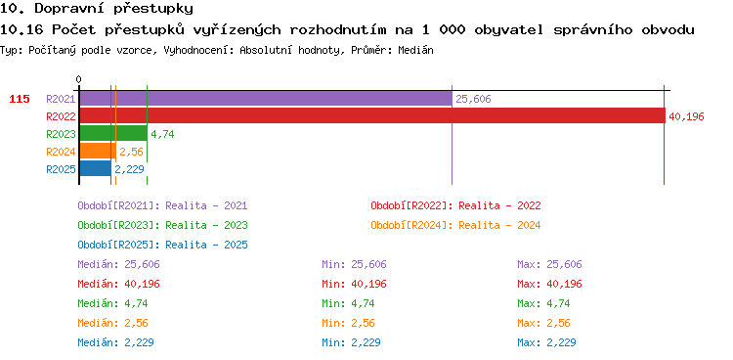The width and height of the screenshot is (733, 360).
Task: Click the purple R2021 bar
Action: [x=266, y=99]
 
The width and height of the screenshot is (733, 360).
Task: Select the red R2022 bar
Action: [x=372, y=116]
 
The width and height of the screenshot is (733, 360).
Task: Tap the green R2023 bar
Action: [x=113, y=134]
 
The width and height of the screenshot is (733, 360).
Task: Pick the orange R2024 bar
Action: [x=98, y=152]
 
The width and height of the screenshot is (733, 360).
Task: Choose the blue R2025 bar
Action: [x=96, y=168]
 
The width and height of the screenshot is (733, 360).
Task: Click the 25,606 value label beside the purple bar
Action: [x=473, y=99]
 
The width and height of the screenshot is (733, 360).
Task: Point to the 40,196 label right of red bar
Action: [x=686, y=116]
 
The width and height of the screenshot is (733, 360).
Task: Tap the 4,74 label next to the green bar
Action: [x=162, y=134]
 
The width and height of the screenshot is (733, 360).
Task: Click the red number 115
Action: [x=20, y=99]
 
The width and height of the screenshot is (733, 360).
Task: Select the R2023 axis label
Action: [x=61, y=134]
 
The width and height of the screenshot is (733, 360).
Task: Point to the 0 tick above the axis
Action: [x=78, y=80]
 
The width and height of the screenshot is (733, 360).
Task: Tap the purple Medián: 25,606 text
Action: [x=118, y=264]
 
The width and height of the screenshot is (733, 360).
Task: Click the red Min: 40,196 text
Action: [x=355, y=284]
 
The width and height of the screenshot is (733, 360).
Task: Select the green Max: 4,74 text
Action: [x=543, y=304]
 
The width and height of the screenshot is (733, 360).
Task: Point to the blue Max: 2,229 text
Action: [x=546, y=342]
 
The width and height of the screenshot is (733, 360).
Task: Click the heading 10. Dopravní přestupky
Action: [x=97, y=9]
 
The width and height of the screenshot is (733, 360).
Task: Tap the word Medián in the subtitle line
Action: [x=415, y=51]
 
